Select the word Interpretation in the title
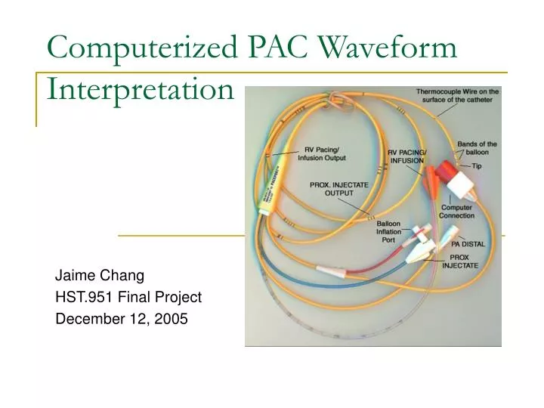point(141,89)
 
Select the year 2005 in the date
point(172,318)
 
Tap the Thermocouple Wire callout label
point(456,96)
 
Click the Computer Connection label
point(456,212)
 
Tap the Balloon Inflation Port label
point(391,231)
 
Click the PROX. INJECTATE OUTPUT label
point(338,187)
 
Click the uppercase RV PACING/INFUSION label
point(407,156)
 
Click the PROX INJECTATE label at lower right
point(460,261)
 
